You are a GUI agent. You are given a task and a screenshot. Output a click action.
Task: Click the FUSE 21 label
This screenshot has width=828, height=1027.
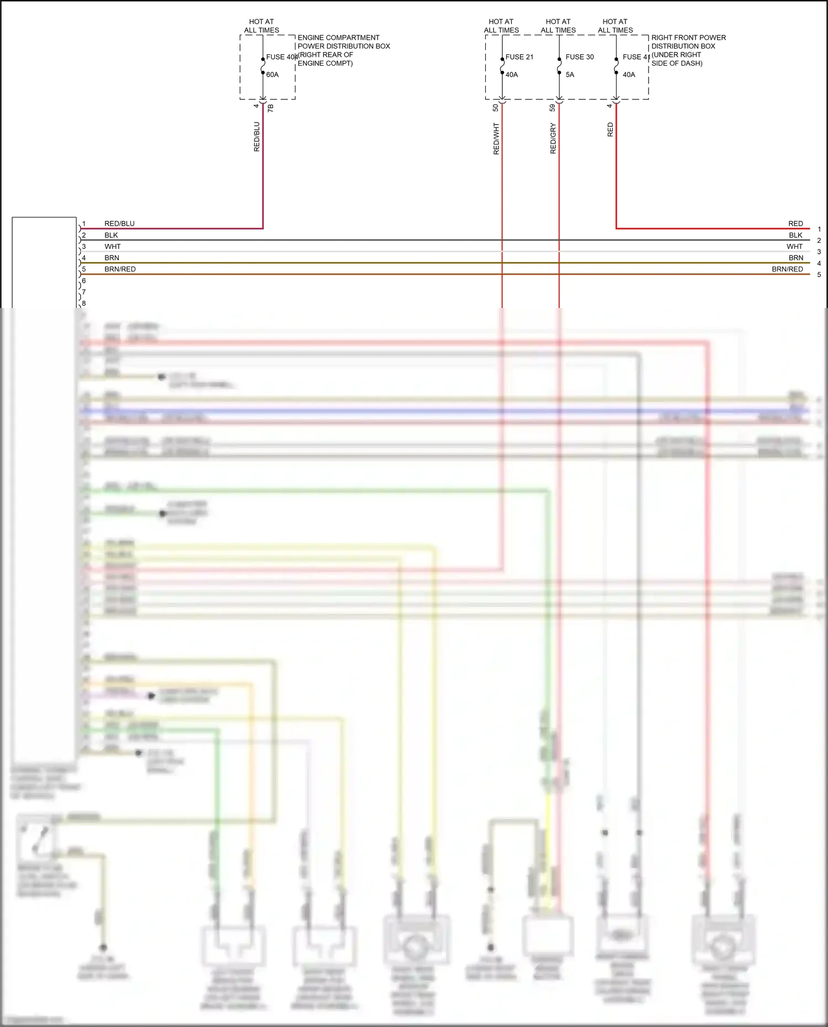pyautogui.click(x=519, y=57)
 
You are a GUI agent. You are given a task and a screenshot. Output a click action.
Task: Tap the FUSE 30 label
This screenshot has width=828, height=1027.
pyautogui.click(x=580, y=57)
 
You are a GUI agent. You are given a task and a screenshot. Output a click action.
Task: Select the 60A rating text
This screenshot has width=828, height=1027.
pyautogui.click(x=272, y=75)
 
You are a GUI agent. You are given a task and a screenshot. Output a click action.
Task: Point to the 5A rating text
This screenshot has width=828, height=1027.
pyautogui.click(x=570, y=75)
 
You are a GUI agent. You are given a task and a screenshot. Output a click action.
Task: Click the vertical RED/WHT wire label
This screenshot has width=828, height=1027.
pyautogui.click(x=496, y=139)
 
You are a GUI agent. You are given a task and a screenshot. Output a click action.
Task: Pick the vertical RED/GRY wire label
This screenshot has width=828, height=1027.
pyautogui.click(x=553, y=139)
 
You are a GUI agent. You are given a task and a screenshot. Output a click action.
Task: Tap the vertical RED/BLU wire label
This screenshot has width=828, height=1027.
pyautogui.click(x=256, y=137)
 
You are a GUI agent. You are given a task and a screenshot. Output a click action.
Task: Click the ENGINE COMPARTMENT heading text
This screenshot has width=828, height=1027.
pyautogui.click(x=338, y=38)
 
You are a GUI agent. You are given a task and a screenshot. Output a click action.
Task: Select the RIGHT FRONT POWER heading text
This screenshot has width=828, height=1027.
pyautogui.click(x=688, y=38)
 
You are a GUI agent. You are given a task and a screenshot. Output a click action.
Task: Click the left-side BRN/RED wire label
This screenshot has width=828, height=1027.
pyautogui.click(x=120, y=269)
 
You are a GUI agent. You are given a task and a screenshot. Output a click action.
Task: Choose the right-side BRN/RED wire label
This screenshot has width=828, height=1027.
pyautogui.click(x=787, y=269)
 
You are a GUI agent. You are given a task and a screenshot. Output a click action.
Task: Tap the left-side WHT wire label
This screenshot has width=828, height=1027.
pyautogui.click(x=112, y=247)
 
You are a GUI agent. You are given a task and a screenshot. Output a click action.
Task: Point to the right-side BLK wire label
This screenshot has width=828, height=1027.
pyautogui.click(x=795, y=235)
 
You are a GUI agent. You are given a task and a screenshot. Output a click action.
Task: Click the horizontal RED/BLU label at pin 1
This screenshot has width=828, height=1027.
pyautogui.click(x=119, y=224)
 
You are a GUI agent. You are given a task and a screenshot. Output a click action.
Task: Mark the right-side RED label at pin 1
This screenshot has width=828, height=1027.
pyautogui.click(x=795, y=224)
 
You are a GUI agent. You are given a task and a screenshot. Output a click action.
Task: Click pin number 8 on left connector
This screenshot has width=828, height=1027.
pyautogui.click(x=84, y=304)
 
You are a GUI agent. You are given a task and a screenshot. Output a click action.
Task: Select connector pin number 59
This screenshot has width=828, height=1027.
pyautogui.click(x=552, y=108)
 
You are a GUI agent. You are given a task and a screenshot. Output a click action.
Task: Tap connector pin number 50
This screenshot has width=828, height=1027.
pyautogui.click(x=495, y=108)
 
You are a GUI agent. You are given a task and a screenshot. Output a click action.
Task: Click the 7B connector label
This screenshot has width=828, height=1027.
pyautogui.click(x=270, y=108)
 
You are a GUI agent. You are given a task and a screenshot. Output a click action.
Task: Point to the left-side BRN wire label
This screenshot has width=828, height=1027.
pyautogui.click(x=112, y=258)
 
